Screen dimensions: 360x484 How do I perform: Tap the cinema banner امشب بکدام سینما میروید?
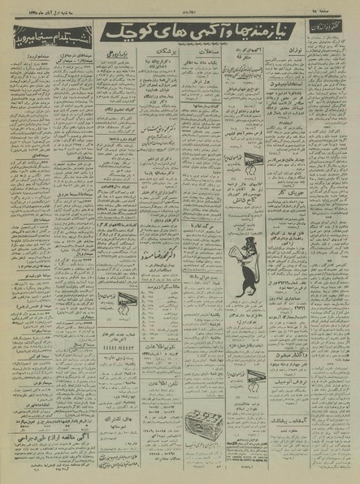(x=40, y=37)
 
